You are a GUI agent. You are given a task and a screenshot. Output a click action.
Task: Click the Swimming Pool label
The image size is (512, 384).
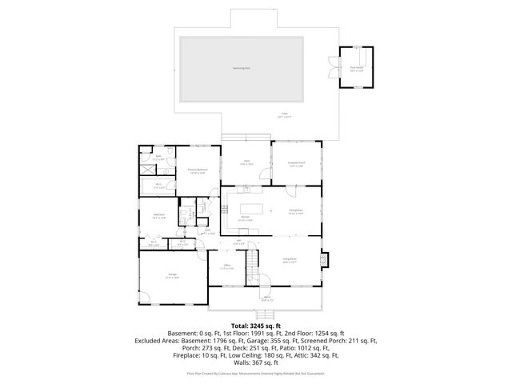pos(242,68)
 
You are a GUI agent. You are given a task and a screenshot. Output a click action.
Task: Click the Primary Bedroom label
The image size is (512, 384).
pos(198,170)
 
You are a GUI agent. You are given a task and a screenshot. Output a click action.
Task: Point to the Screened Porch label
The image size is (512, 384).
pos(297,164)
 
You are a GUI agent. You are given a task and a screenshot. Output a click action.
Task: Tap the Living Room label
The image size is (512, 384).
pos(290,259)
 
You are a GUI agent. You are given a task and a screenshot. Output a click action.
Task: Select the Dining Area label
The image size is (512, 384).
pos(295,212)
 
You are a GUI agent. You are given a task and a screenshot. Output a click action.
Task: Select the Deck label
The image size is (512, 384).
pos(247,162)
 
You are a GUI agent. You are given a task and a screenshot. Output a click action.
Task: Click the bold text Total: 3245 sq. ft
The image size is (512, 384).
pos(256,326)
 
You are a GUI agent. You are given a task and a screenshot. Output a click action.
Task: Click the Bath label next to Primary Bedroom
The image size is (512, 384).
pos(158,157)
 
